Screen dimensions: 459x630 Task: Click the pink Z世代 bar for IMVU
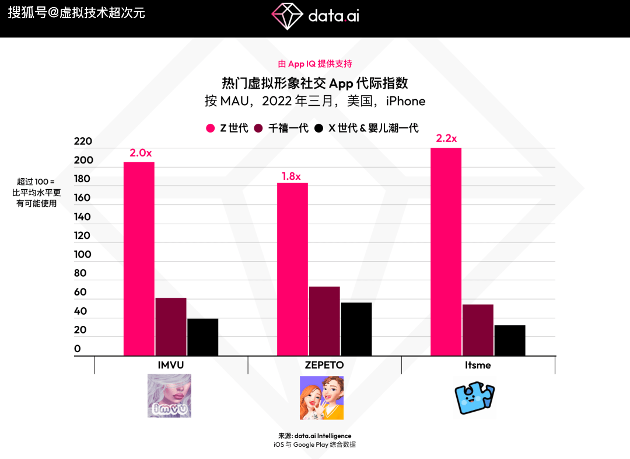pos(139,258)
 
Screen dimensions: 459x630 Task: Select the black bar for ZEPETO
pos(356,329)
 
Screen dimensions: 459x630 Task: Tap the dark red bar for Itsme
pos(478,330)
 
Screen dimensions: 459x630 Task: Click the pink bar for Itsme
pos(446,251)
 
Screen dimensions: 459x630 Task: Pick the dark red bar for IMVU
pos(171,326)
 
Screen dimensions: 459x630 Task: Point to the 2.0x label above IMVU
pos(141,153)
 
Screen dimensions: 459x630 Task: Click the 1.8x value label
pos(290,176)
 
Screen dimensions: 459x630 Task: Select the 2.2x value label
pos(446,138)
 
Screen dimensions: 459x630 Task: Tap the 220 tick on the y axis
pos(83,141)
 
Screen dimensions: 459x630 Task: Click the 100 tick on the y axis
pos(83,254)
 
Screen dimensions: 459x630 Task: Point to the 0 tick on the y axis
pos(78,349)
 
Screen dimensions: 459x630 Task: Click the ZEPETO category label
pos(324,365)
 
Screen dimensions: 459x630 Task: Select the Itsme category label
pos(478,365)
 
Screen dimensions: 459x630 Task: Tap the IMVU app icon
pos(169,396)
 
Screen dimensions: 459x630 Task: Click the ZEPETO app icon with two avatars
pos(321,398)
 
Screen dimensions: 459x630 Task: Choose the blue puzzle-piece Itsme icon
pos(474,398)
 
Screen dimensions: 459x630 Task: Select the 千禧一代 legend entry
pos(288,128)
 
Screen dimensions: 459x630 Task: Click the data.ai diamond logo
pos(286,16)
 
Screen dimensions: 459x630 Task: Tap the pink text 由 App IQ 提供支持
pos(315,64)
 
